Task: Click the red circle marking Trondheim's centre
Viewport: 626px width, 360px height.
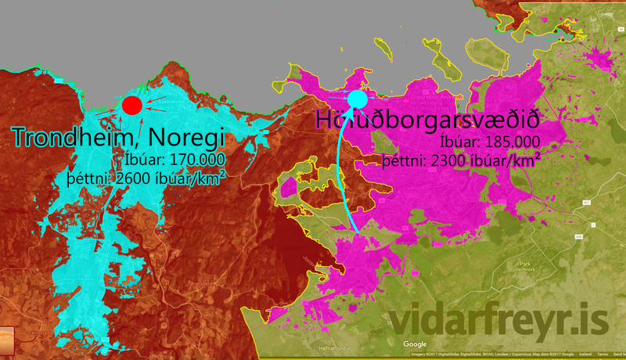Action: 131,105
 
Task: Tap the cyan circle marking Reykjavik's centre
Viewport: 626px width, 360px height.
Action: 357,99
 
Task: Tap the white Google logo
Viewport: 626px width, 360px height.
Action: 415,344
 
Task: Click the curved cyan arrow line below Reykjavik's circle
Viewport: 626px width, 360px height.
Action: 343,172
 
